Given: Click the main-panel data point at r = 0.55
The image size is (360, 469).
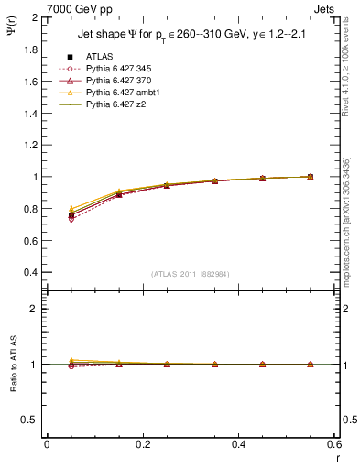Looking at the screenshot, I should pos(311,177).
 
